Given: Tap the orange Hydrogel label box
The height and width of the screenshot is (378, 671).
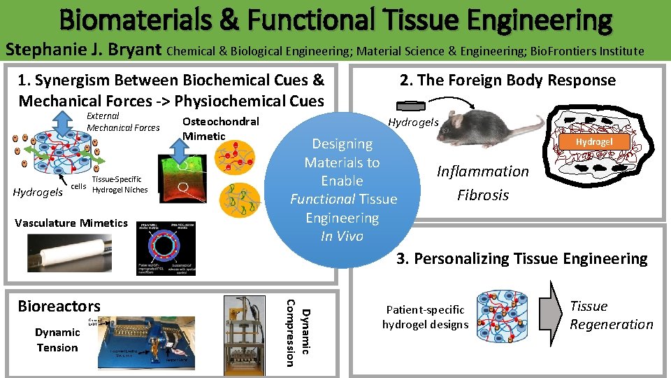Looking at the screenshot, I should (x=594, y=141).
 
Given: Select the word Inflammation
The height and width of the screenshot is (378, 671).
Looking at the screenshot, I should (x=483, y=171).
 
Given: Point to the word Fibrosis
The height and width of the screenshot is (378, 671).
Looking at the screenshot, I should (x=483, y=195).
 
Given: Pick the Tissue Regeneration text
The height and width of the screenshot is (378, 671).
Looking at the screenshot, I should (x=611, y=315).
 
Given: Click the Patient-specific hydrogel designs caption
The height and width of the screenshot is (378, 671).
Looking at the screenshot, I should (x=425, y=317).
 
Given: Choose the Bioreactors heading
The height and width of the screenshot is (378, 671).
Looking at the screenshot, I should (x=59, y=306).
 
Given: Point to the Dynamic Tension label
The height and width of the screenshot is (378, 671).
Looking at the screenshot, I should (x=57, y=340).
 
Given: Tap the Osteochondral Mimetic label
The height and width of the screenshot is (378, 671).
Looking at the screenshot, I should (x=219, y=128).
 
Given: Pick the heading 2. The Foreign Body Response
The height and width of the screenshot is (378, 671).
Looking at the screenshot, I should (x=507, y=80).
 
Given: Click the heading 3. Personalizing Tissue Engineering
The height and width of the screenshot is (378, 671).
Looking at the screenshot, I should (x=522, y=259).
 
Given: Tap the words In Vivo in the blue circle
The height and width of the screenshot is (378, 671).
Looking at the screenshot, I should (x=342, y=237).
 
